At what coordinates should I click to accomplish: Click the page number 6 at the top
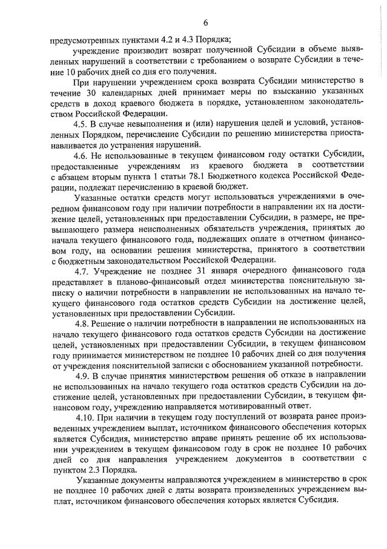pyautogui.click(x=205, y=22)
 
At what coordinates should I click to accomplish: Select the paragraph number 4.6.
pyautogui.click(x=79, y=155)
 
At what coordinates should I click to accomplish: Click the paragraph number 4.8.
pyautogui.click(x=79, y=323)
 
